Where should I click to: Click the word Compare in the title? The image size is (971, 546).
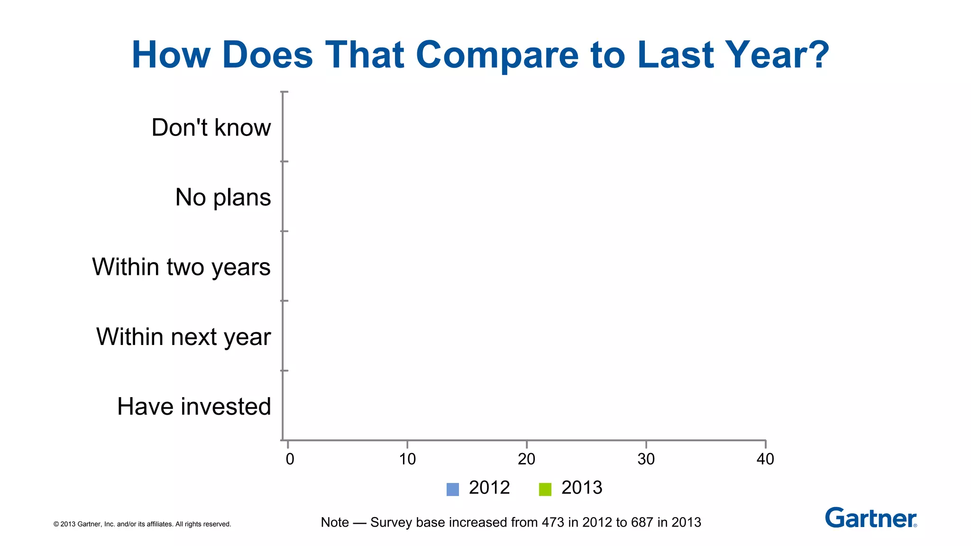point(497,55)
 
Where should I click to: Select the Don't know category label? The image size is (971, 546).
point(211,127)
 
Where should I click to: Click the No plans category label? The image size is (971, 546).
point(223,197)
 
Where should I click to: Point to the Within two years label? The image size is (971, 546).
point(181,267)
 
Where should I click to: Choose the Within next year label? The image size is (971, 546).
point(183,337)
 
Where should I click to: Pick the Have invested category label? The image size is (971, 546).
point(194,407)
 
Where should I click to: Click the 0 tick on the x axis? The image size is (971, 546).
point(290,459)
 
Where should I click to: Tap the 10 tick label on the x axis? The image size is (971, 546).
point(407,459)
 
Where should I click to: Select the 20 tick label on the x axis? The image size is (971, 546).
point(526,459)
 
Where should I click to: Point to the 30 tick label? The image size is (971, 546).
point(646,459)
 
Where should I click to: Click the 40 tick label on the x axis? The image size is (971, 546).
point(765,459)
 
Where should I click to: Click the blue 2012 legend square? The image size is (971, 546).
point(453,489)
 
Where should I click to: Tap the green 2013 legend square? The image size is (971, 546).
point(545,489)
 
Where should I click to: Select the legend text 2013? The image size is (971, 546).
point(582,488)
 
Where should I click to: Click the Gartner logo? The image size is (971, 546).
point(870,518)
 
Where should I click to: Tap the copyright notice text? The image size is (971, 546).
point(142,524)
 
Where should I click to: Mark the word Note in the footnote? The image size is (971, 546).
point(335,522)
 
